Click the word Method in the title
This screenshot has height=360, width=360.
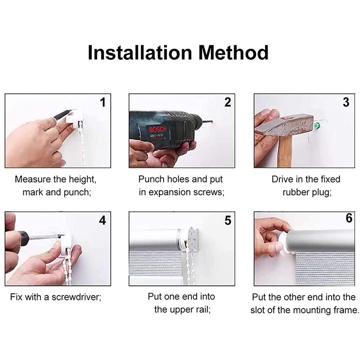coord(234,53)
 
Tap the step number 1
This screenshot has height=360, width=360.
coord(103,103)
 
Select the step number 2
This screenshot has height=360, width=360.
coord(228,102)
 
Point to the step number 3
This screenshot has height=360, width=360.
coord(346,102)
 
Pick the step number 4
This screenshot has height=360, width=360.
coord(103,220)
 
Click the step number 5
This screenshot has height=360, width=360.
coord(228,220)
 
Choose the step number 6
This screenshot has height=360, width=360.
coord(349,219)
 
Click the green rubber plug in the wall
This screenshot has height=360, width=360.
coord(317,126)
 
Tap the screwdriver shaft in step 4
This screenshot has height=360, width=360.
coord(45,237)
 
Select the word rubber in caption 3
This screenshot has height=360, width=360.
coord(299,192)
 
